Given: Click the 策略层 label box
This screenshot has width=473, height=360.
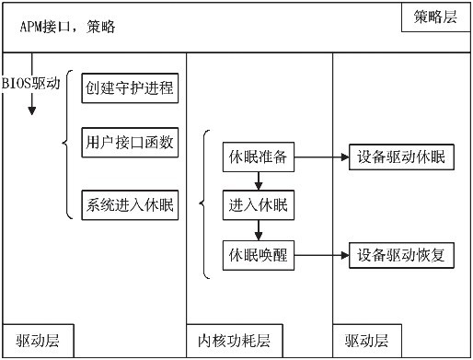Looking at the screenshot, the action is (436, 17).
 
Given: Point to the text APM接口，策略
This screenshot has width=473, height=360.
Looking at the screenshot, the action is (68, 27).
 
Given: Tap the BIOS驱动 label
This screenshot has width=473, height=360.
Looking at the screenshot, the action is (31, 84).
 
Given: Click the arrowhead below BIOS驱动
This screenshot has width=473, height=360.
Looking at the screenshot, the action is (32, 110).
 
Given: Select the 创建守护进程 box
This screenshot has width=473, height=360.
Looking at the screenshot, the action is (130, 88).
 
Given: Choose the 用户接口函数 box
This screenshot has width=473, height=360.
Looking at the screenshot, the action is (130, 143).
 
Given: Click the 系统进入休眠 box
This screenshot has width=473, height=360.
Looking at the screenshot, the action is (130, 205).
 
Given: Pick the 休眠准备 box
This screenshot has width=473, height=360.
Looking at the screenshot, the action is (259, 157).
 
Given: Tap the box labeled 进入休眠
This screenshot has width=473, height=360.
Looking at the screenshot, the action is (259, 205).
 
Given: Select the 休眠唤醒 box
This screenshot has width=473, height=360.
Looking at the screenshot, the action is (259, 255).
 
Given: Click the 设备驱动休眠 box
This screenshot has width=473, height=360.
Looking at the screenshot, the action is (401, 157).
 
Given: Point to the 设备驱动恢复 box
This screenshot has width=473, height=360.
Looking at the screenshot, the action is (401, 255).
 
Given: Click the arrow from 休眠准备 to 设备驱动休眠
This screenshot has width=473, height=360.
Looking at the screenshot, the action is (321, 157).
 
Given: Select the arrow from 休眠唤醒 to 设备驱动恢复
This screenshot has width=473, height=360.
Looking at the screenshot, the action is (321, 255).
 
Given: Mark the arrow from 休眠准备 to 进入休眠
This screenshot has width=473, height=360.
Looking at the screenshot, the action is (259, 180).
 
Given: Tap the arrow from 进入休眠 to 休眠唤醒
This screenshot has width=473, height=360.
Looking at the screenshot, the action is (259, 230).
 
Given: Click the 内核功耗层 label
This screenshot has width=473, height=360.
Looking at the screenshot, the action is (235, 341).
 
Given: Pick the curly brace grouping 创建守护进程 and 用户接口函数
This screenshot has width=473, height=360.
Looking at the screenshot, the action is (67, 145).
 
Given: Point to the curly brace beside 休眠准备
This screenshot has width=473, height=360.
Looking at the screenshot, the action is (204, 204).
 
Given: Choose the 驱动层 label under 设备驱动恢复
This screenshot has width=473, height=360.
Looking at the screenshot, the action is (367, 341).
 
